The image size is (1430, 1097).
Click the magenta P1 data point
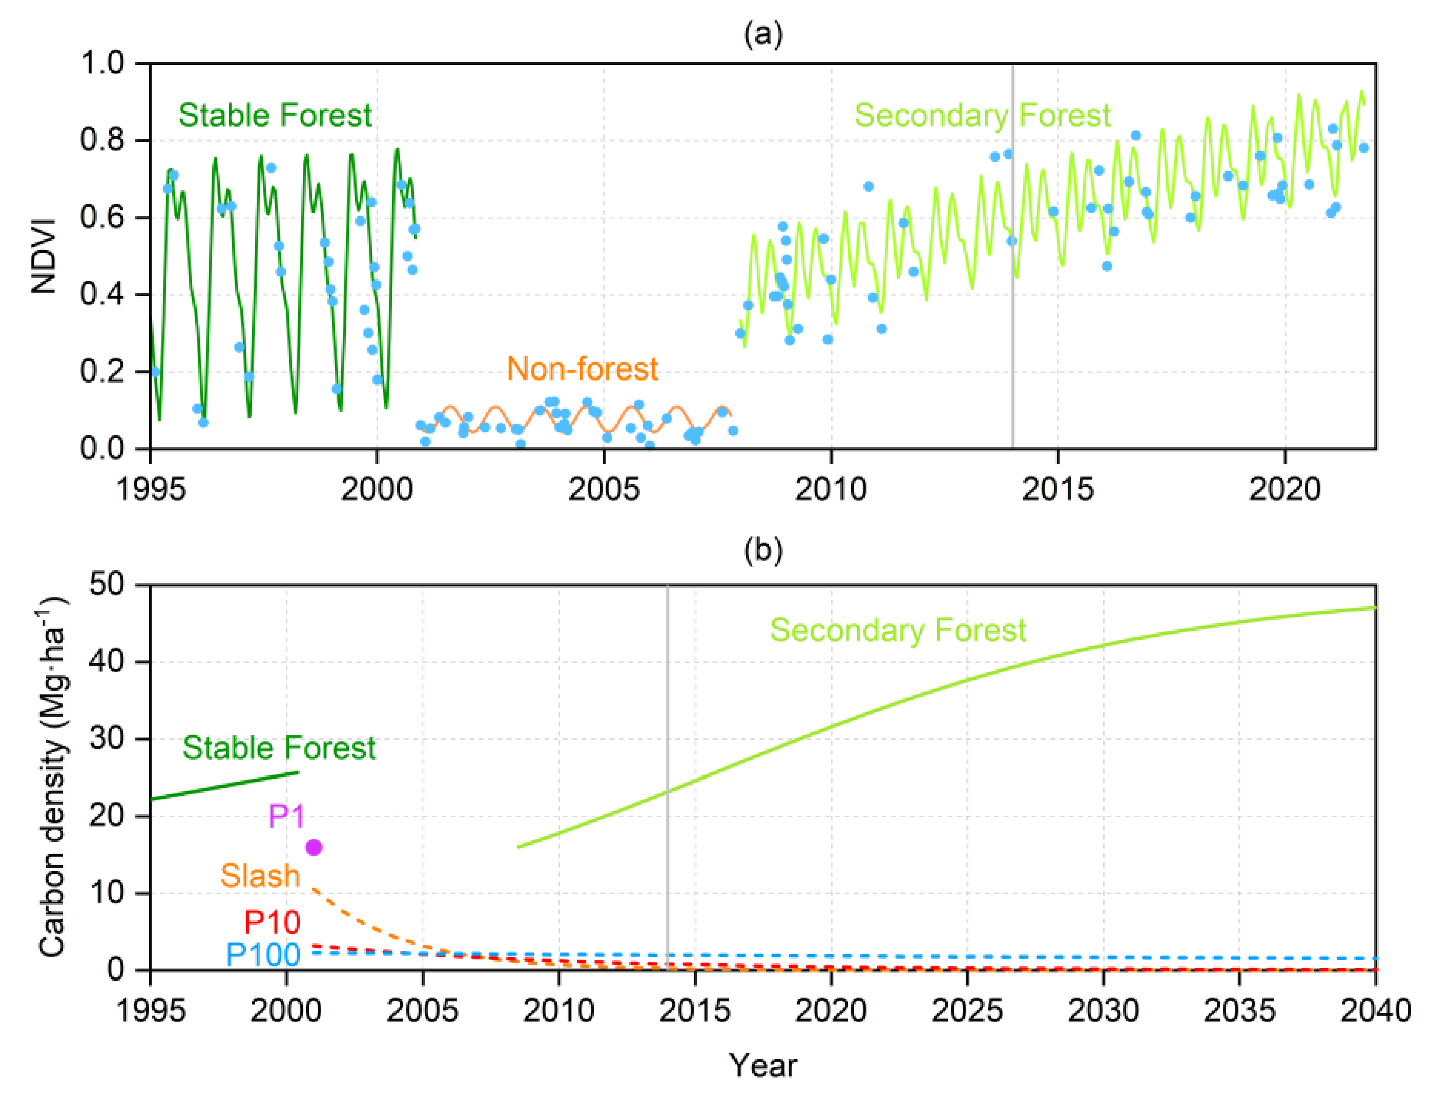314,847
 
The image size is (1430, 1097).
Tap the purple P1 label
286,816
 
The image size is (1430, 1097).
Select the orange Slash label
260,876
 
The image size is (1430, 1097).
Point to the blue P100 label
262,955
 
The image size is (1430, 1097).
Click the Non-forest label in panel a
582,369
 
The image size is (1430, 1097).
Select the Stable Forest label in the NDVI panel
275,116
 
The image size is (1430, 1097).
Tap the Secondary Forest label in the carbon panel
897,630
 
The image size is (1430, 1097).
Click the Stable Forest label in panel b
279,748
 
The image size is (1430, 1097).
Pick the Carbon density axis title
52,777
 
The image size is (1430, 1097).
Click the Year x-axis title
763,1066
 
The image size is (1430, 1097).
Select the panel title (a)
763,34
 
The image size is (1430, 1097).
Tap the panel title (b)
763,550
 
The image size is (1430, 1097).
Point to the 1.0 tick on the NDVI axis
102,64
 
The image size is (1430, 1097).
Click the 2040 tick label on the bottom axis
1375,1011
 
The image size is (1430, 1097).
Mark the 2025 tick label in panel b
967,1011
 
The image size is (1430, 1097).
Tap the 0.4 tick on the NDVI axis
102,295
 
